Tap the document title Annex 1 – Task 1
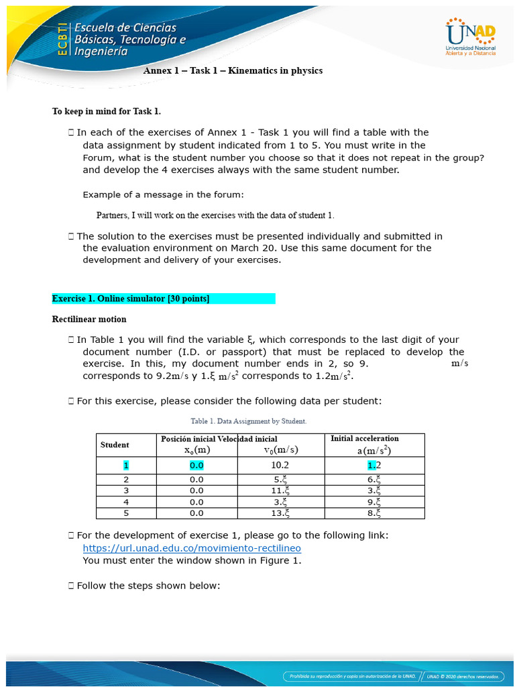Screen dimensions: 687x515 click(233, 70)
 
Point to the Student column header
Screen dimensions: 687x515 click(115, 445)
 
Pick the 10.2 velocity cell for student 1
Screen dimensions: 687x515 click(280, 464)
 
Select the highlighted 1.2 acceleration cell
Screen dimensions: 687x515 click(374, 464)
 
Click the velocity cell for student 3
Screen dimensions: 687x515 click(280, 490)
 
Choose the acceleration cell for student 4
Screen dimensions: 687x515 click(374, 502)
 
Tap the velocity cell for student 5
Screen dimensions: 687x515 click(280, 513)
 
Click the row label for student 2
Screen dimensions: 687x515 click(125, 479)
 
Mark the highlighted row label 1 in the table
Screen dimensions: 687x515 click(125, 464)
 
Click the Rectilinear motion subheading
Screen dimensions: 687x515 click(89, 319)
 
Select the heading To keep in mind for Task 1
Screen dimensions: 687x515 click(107, 111)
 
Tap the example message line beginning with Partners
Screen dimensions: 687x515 click(215, 215)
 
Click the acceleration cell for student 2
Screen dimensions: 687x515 click(374, 479)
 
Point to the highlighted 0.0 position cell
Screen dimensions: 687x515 click(196, 464)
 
